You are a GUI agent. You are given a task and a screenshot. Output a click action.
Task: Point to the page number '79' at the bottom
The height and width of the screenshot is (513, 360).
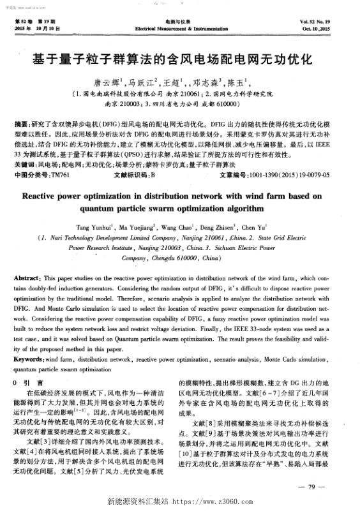point(312,487)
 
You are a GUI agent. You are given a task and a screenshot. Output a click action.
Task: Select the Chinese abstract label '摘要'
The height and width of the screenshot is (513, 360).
point(21,121)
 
